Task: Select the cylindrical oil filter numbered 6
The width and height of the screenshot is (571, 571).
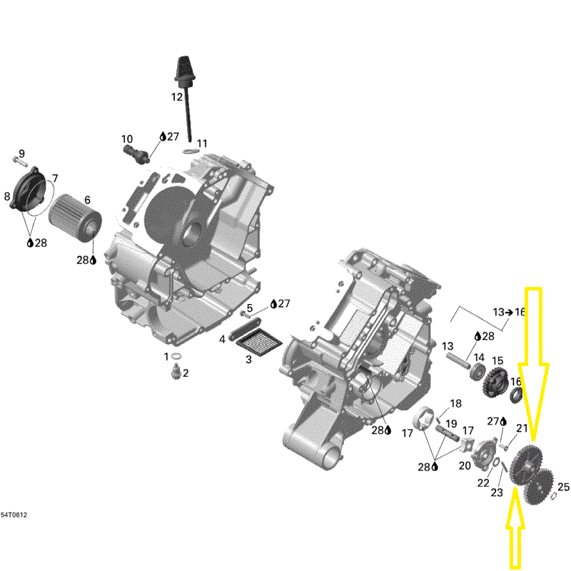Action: (x=75, y=218)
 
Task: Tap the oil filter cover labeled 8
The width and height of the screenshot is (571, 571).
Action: (x=28, y=189)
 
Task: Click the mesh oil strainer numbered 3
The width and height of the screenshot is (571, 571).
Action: (x=259, y=342)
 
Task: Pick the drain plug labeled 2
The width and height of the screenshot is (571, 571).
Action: (x=176, y=371)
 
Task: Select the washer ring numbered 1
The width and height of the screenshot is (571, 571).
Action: (x=177, y=355)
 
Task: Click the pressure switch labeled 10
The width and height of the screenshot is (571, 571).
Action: (x=136, y=154)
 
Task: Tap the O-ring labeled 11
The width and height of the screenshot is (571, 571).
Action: (x=189, y=151)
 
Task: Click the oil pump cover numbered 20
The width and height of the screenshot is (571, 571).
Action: (x=485, y=454)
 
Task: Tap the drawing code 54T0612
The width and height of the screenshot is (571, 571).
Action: (x=14, y=515)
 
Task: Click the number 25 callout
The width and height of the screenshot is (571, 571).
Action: (x=563, y=487)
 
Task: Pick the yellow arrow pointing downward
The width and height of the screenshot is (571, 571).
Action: (x=533, y=364)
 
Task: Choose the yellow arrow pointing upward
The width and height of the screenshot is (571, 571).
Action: (x=515, y=527)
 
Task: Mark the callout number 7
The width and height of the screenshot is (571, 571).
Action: (x=55, y=178)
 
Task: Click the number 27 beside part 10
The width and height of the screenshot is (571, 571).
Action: (x=173, y=136)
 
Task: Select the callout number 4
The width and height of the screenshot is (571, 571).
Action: (x=222, y=340)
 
